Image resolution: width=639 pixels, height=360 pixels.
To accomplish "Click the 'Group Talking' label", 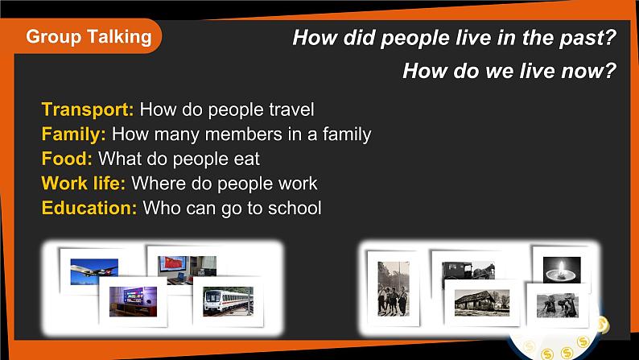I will (89, 36).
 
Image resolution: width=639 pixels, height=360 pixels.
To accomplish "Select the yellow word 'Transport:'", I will (88, 110).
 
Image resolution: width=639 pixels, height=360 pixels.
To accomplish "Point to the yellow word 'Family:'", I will (74, 134).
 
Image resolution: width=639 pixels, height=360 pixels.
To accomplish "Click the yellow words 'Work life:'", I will (84, 184).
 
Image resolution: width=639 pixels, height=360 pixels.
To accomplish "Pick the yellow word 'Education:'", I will (89, 208).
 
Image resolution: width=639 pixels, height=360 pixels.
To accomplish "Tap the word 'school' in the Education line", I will (294, 208).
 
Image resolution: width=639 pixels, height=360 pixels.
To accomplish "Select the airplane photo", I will (94, 270).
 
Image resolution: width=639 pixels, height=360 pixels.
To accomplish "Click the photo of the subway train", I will (228, 301).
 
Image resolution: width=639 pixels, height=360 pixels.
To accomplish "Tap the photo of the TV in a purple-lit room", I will (133, 300).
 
